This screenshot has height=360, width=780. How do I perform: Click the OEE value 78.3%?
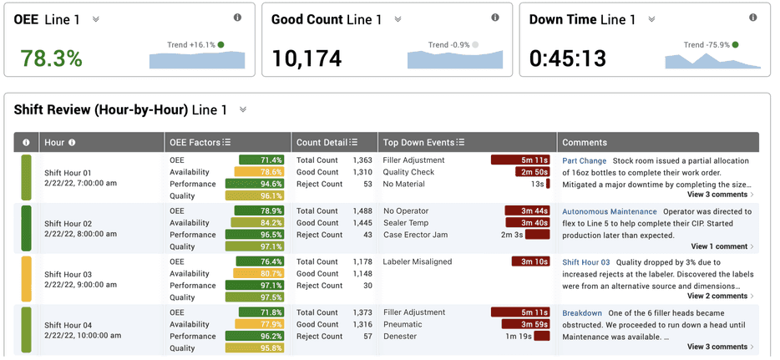point(51,58)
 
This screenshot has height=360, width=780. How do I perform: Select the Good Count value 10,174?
point(308,58)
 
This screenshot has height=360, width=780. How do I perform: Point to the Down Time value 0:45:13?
point(568,58)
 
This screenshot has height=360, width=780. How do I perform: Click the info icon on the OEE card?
point(237,18)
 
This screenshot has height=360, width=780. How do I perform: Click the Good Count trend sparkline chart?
point(455,58)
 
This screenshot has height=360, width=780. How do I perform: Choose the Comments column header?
point(585,143)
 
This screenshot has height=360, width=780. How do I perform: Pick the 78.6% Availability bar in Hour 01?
point(260,172)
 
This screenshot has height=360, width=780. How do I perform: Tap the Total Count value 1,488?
point(362,211)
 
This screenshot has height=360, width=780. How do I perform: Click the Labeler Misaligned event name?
point(417,262)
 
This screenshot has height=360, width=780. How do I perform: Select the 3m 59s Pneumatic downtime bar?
point(524,325)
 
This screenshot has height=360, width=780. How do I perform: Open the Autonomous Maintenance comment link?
point(609,212)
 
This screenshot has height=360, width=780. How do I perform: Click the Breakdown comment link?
point(581,313)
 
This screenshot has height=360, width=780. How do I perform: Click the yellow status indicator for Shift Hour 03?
point(26,279)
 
